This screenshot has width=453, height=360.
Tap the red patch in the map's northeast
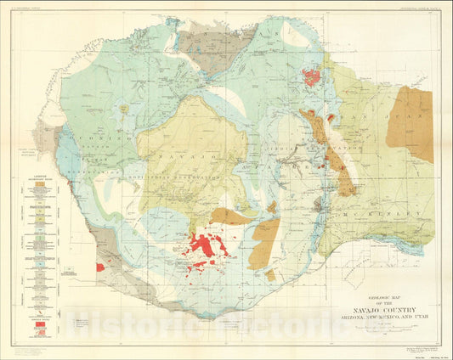pos(313,77)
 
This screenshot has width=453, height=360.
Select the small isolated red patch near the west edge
pos(100,267)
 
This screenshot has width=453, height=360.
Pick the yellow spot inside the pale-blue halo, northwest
pos(124,110)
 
